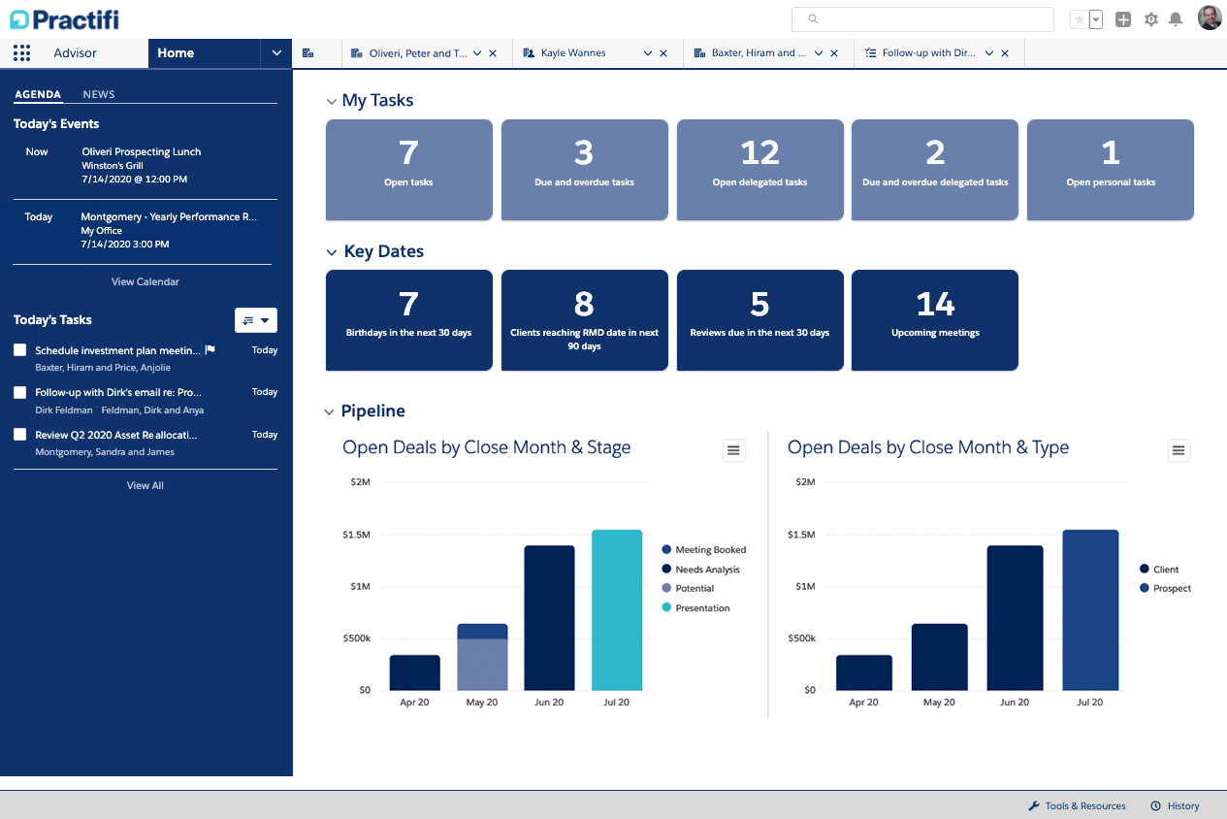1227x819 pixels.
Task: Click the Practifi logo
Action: tap(64, 18)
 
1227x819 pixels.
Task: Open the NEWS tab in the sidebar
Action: tap(99, 94)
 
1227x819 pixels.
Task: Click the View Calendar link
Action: tap(145, 281)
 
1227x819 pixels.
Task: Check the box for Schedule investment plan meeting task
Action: tap(19, 350)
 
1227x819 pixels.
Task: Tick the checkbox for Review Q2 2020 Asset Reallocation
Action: tap(19, 435)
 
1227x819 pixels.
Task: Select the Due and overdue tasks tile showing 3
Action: tap(584, 170)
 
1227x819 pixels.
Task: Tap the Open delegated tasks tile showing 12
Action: tap(759, 170)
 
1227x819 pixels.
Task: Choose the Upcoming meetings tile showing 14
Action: tap(935, 320)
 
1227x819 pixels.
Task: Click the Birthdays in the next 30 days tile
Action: tap(408, 320)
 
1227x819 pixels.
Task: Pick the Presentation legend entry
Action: tap(702, 608)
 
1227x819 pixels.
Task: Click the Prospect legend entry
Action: tap(1172, 589)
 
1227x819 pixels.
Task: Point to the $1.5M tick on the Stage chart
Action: tap(356, 535)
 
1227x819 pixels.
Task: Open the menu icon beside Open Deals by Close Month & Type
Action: tap(1179, 450)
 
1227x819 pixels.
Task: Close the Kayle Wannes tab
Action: tap(663, 53)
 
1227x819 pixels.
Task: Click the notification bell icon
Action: tap(1176, 19)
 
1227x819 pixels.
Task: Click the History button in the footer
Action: tap(1176, 806)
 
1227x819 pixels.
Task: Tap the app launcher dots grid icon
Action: tap(21, 53)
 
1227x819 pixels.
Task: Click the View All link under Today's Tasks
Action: tap(145, 485)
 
